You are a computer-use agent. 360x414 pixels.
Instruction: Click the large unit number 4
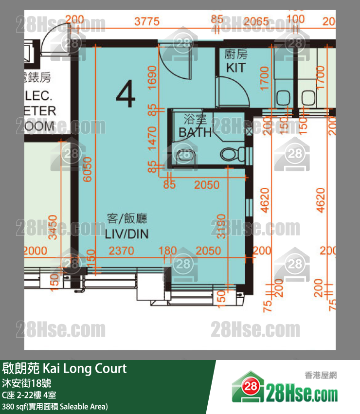(126, 95)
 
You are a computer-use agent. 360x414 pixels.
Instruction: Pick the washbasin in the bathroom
(184, 155)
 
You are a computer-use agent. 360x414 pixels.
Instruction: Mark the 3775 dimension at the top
(147, 21)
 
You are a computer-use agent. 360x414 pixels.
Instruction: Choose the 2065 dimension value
(256, 21)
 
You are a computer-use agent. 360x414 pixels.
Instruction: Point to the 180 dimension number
(168, 251)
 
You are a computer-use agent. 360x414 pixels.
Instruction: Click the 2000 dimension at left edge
(36, 251)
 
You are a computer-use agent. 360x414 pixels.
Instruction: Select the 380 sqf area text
(55, 406)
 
